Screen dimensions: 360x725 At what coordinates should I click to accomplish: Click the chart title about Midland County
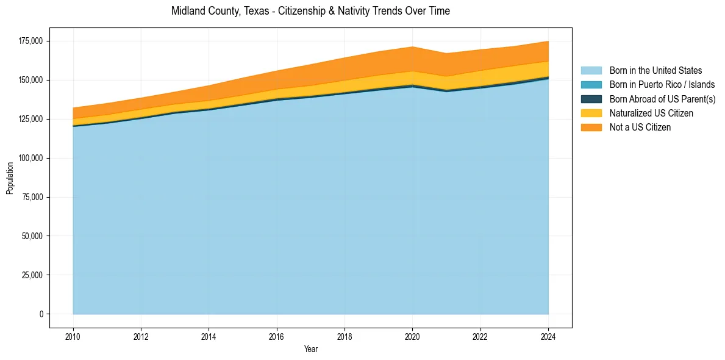[x=310, y=11]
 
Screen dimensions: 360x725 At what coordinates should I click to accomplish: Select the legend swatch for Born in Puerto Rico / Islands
[x=591, y=85]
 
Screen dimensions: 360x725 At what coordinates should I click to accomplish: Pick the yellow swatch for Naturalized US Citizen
[x=591, y=113]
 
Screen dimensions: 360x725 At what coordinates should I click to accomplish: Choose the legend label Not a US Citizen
[x=640, y=128]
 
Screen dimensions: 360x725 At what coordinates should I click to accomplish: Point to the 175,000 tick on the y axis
[x=30, y=41]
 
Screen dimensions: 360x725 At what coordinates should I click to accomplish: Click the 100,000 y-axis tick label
[x=30, y=158]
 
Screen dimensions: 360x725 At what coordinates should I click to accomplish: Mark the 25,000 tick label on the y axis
[x=32, y=275]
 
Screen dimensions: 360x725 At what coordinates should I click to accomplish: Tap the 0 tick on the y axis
[x=41, y=314]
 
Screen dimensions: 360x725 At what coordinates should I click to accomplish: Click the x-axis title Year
[x=310, y=350]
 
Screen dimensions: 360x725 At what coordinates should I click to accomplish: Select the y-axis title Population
[x=10, y=178]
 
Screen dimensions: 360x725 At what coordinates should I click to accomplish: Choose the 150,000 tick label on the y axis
[x=30, y=80]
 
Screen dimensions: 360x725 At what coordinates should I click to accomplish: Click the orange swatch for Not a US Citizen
[x=591, y=128]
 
